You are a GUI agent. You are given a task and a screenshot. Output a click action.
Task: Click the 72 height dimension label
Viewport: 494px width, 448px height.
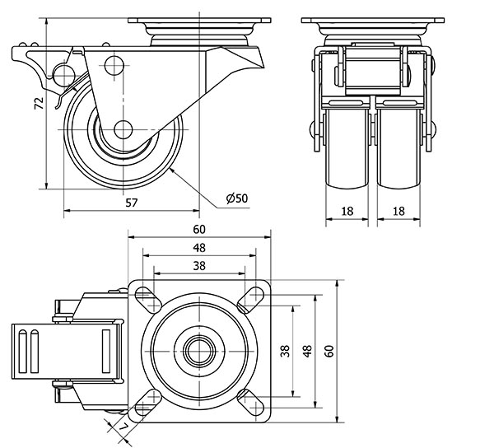point(37,104)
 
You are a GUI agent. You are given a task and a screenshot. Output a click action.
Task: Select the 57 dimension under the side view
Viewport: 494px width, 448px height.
point(131,202)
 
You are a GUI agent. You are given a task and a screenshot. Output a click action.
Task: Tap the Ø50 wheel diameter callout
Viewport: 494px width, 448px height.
point(237,198)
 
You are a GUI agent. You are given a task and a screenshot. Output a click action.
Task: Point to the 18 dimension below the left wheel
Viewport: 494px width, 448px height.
point(347,212)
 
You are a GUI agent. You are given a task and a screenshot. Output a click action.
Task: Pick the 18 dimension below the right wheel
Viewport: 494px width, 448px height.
point(398,212)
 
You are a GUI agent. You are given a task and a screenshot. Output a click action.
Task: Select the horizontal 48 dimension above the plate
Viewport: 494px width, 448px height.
point(198,246)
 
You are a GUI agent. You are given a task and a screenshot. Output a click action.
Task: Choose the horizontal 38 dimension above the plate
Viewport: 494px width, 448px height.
point(198,265)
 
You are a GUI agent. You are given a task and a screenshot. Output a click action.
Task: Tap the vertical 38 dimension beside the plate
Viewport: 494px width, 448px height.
point(285,351)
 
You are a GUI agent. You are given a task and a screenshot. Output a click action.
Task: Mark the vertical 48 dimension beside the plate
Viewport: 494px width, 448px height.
point(307,351)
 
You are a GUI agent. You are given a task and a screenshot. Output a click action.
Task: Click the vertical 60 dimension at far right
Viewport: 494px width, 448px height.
point(329,351)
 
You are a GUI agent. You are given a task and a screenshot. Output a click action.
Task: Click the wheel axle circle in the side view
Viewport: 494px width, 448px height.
point(123,129)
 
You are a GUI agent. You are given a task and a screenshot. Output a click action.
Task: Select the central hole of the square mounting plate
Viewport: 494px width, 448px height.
point(199,349)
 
